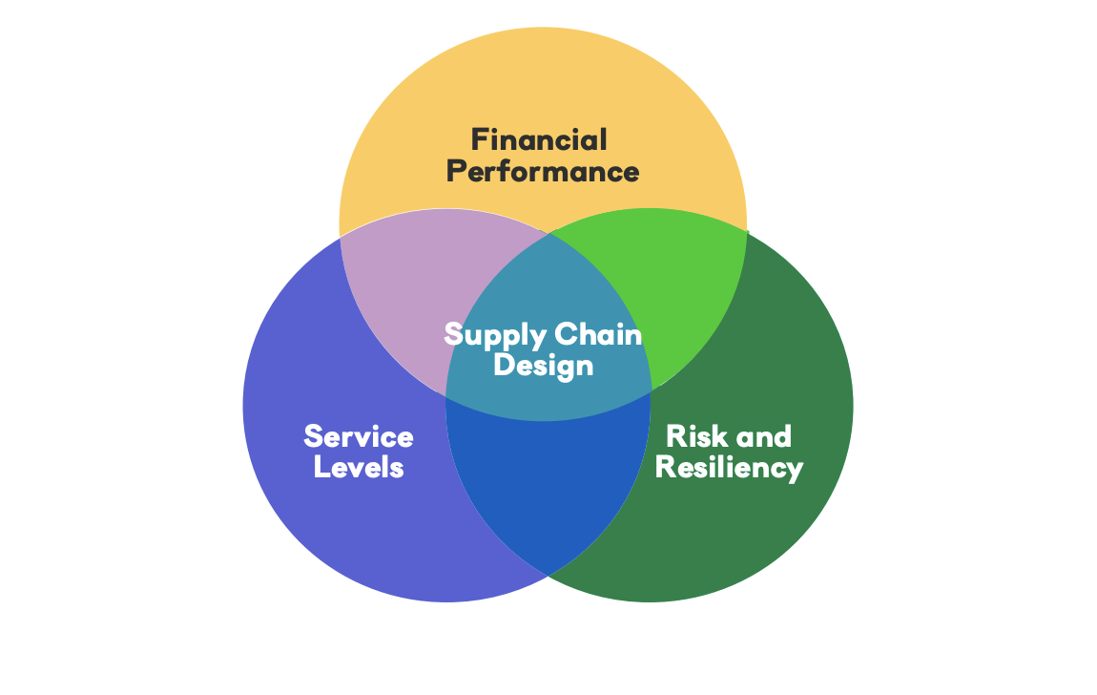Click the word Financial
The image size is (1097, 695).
539,140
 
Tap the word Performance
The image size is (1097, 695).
543,172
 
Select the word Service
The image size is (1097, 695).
359,437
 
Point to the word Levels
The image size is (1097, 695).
359,468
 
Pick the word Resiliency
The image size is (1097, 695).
729,468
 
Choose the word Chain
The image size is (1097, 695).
598,335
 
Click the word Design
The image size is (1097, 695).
543,366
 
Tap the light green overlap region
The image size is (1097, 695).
677,286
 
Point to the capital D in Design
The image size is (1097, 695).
503,365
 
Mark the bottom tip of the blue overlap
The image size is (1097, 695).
548,572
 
